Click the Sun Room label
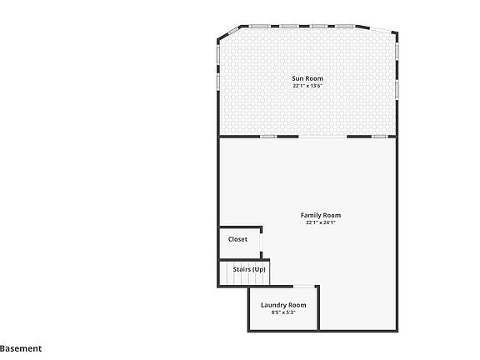(307, 78)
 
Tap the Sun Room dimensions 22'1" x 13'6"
(307, 86)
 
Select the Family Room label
(321, 215)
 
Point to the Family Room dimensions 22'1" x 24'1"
(321, 222)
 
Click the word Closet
(237, 239)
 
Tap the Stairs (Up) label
(249, 269)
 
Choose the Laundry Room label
(283, 305)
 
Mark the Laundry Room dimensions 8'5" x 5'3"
(283, 312)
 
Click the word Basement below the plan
(21, 349)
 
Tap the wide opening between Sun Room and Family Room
(322, 137)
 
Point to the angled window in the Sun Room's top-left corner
(229, 32)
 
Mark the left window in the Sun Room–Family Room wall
(268, 137)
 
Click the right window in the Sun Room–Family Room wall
(380, 137)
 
